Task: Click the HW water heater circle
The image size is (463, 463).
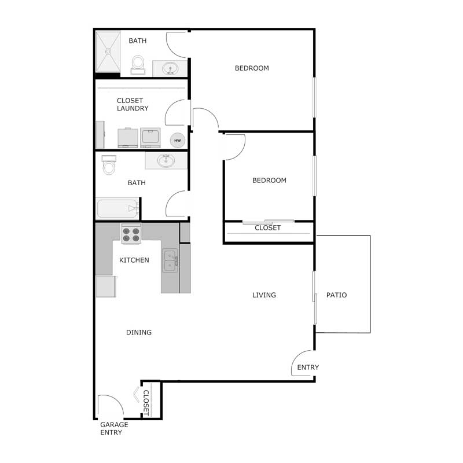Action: tap(178, 141)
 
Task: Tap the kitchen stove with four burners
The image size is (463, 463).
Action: tap(131, 233)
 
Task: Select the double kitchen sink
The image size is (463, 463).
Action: tap(170, 261)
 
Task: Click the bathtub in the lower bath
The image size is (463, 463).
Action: tap(117, 208)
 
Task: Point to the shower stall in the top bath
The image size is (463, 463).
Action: tap(108, 52)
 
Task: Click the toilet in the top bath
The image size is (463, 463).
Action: tap(138, 64)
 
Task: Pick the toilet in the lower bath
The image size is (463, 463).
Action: tap(108, 166)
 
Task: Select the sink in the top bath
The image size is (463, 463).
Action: tap(170, 69)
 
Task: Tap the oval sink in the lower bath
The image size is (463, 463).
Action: tap(166, 160)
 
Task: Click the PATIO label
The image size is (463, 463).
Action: tap(336, 295)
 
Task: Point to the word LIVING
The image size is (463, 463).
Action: tap(264, 295)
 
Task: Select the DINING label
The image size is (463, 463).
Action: tap(139, 332)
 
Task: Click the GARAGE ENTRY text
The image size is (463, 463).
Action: tap(114, 428)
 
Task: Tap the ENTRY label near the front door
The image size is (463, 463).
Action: tap(308, 368)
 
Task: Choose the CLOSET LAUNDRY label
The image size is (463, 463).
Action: tap(133, 105)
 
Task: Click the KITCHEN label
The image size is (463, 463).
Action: tap(134, 260)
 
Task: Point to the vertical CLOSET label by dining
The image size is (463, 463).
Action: tap(146, 403)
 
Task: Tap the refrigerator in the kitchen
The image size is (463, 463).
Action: tap(106, 286)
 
